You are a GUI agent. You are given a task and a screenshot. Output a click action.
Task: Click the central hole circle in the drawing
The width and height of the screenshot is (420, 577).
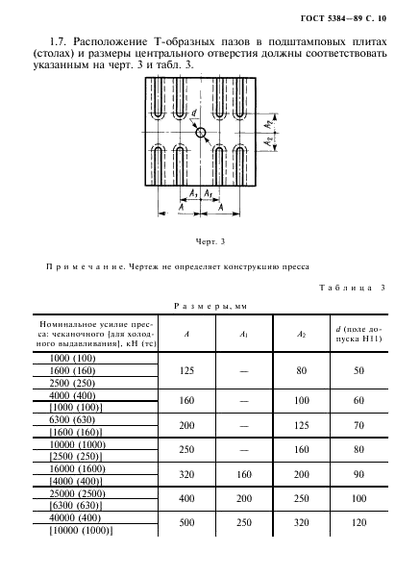[x=202, y=133]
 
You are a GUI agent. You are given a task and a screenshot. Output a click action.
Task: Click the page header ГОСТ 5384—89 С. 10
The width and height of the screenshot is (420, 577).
[x=342, y=17]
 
